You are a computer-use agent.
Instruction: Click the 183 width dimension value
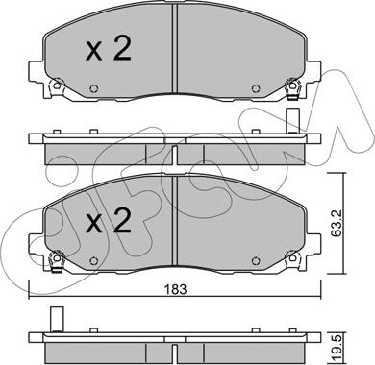pos(175,289)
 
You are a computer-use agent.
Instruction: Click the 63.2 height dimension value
pos(336,223)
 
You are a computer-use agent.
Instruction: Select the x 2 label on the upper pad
pos(109,49)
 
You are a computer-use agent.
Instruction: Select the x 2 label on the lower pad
pos(109,221)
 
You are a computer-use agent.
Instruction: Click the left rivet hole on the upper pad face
pos(94,88)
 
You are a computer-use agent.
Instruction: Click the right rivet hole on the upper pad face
pos(255,88)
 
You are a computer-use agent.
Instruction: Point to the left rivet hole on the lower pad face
pos(94,261)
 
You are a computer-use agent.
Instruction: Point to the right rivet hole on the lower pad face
pos(255,261)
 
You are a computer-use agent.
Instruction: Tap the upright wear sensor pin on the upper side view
pos(292,121)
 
